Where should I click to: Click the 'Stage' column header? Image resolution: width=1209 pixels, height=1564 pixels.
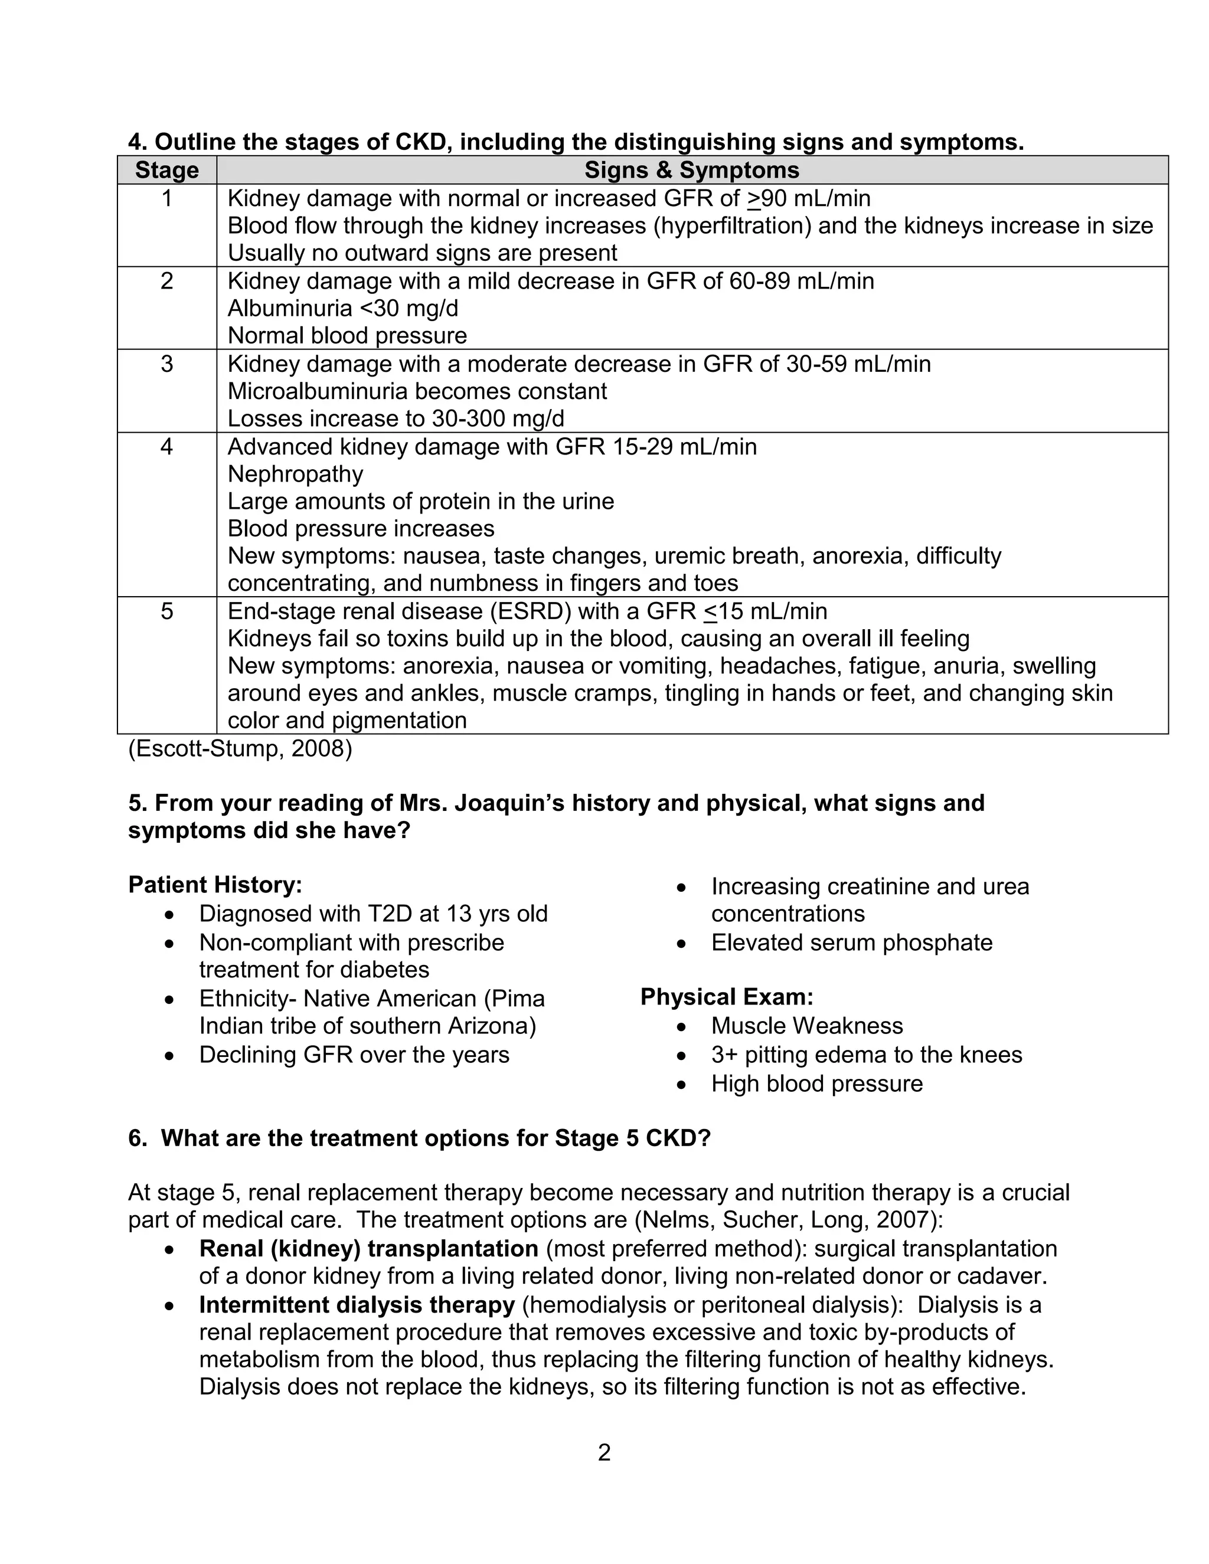tap(167, 171)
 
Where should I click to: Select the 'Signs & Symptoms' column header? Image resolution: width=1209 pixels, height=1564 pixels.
tap(691, 171)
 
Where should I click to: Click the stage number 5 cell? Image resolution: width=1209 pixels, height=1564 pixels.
tap(167, 611)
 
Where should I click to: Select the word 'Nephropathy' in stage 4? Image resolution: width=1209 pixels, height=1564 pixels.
tap(295, 474)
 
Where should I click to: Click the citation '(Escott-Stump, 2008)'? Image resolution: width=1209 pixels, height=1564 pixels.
tap(240, 749)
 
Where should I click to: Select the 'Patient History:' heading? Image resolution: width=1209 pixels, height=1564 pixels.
tap(215, 885)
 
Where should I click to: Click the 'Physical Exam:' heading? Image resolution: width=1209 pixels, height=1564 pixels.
tap(726, 997)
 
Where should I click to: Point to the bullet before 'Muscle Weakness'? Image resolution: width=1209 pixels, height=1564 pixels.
tap(681, 1027)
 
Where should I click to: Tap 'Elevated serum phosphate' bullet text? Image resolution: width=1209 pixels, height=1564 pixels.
tap(852, 943)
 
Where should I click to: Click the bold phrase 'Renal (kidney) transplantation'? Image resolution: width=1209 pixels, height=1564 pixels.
tap(368, 1249)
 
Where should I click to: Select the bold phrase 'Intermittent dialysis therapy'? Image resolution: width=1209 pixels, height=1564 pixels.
tap(357, 1305)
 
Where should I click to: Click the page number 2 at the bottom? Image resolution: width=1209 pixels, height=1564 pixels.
tap(604, 1452)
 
